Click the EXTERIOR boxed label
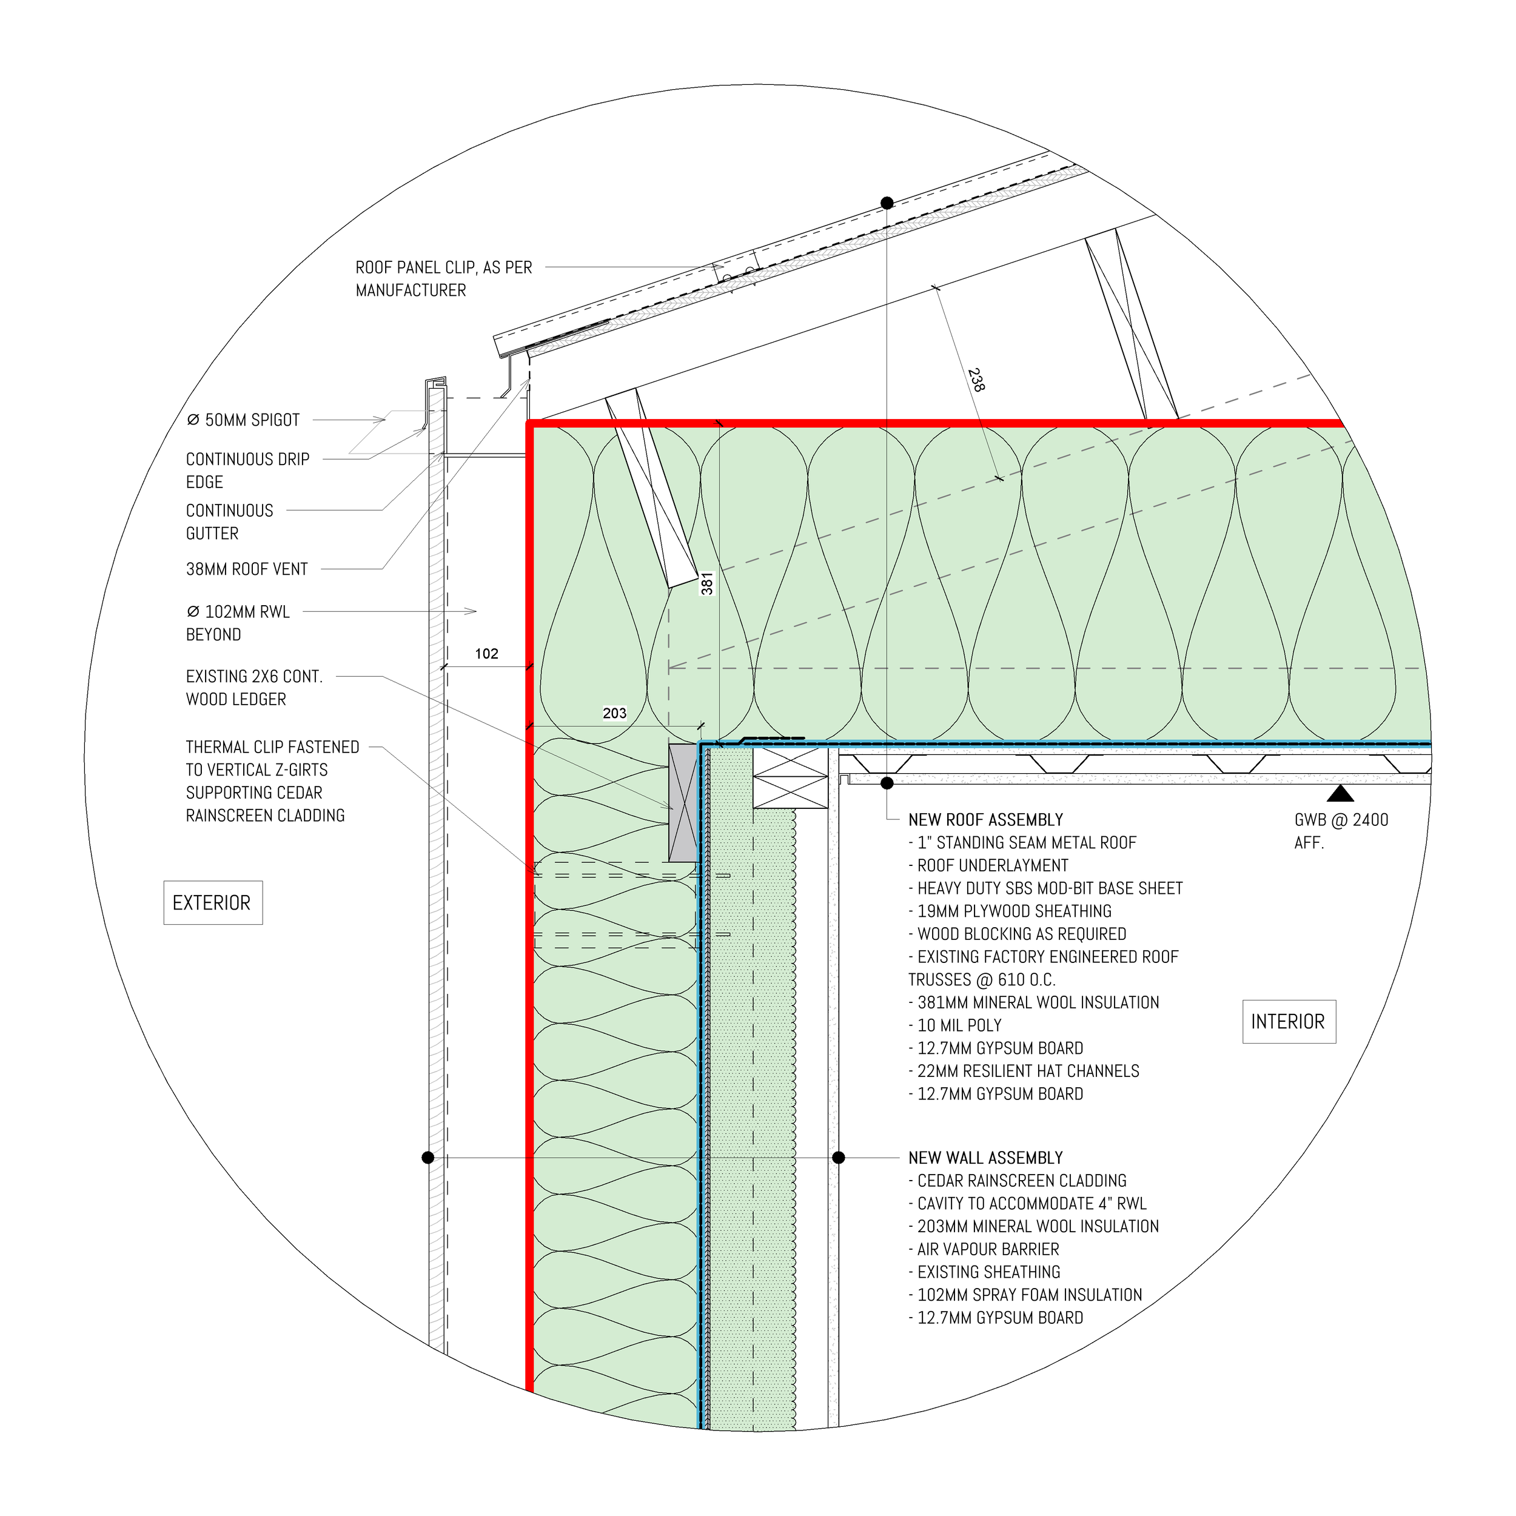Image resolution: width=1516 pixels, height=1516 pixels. (212, 902)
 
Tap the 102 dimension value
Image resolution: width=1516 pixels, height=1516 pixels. (486, 654)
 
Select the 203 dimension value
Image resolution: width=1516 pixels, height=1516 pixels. (614, 713)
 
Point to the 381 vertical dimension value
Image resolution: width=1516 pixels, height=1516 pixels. (707, 583)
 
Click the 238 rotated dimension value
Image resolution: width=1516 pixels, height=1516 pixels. (976, 380)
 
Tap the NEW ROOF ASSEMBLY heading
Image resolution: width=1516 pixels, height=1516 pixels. (985, 820)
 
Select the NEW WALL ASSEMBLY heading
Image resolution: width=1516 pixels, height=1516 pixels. (985, 1158)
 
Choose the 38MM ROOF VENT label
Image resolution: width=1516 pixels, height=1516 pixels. (246, 569)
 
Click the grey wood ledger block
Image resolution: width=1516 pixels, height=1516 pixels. (683, 802)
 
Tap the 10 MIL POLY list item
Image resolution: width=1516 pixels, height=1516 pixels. (959, 1025)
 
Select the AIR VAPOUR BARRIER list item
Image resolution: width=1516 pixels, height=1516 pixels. (987, 1249)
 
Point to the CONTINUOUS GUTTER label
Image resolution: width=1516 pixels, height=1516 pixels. (229, 522)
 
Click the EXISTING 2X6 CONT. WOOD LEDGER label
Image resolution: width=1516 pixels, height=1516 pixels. (253, 688)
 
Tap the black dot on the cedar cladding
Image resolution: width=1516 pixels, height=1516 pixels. (428, 1158)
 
